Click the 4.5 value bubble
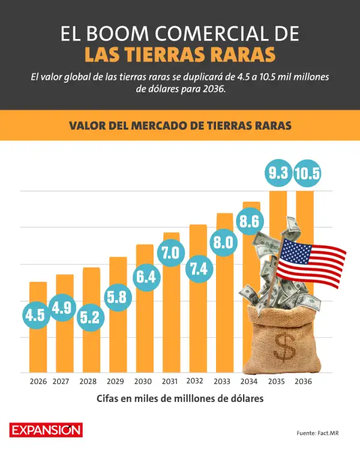tap(36, 315)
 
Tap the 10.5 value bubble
tap(307, 173)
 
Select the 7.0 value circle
tap(171, 253)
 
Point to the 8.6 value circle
tap(249, 221)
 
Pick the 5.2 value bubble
tap(89, 317)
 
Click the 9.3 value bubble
tap(278, 173)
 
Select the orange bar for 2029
tap(118, 314)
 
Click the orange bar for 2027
tap(65, 323)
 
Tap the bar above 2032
tap(198, 298)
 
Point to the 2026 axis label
tap(38, 382)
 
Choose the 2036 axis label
tap(303, 382)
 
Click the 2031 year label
tap(170, 382)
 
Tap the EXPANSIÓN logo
tap(46, 430)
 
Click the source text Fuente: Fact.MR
tap(317, 433)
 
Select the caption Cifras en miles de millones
tap(180, 398)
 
